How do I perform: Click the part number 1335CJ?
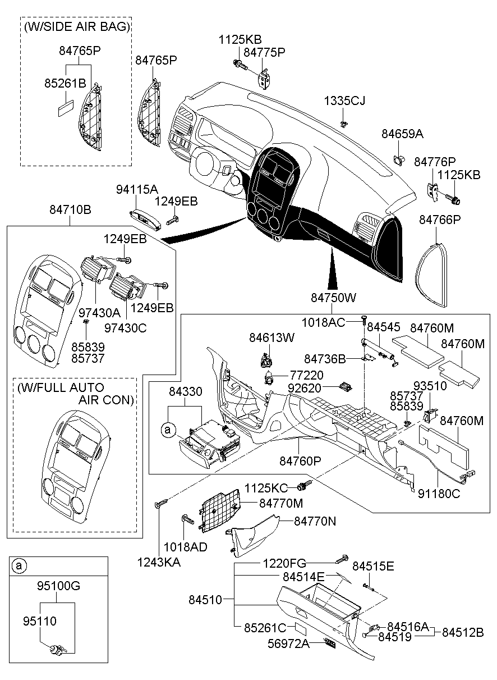(344, 101)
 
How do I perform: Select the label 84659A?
(402, 134)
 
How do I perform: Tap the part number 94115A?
(137, 190)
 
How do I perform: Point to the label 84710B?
(70, 210)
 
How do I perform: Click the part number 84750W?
(333, 298)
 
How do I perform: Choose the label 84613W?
(271, 337)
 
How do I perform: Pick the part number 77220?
(307, 375)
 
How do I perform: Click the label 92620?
(304, 388)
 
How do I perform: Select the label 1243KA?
(159, 563)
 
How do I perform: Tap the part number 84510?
(205, 600)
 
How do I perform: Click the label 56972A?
(288, 644)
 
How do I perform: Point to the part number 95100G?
(58, 586)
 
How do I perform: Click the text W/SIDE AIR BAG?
(77, 27)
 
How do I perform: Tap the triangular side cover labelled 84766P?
(431, 275)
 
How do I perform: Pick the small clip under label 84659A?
(398, 160)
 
